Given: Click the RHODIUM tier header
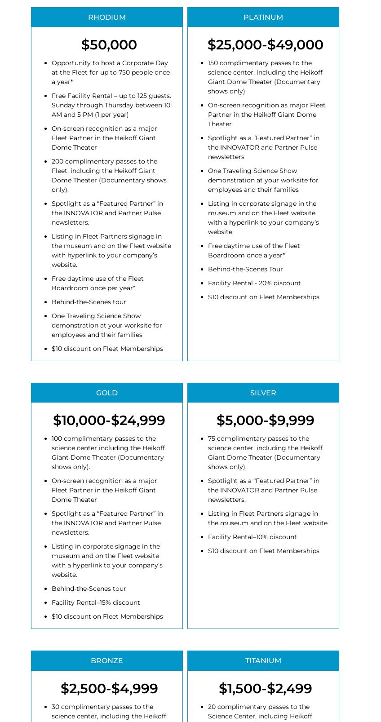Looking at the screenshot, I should pyautogui.click(x=107, y=17).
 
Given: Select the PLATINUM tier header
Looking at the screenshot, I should pyautogui.click(x=263, y=17).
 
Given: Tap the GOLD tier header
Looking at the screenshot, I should pyautogui.click(x=107, y=393).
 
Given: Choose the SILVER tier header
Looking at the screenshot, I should pyautogui.click(x=263, y=393).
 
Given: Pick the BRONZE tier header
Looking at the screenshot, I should pyautogui.click(x=107, y=660).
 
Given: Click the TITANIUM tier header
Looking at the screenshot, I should pyautogui.click(x=263, y=660).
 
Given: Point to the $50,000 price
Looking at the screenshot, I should pyautogui.click(x=109, y=45).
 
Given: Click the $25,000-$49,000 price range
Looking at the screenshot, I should pyautogui.click(x=265, y=45).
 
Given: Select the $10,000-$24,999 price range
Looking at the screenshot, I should pyautogui.click(x=109, y=421).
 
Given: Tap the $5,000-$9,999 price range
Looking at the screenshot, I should pyautogui.click(x=265, y=421).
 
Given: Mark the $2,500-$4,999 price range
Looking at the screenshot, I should pyautogui.click(x=109, y=688).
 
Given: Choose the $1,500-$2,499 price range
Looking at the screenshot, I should pyautogui.click(x=265, y=688).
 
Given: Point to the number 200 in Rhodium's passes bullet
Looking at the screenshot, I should pyautogui.click(x=58, y=161).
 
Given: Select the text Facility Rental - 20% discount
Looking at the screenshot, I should pyautogui.click(x=254, y=283).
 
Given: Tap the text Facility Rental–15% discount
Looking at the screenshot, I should pyautogui.click(x=96, y=602).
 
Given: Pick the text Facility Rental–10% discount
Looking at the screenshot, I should pyautogui.click(x=252, y=537).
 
